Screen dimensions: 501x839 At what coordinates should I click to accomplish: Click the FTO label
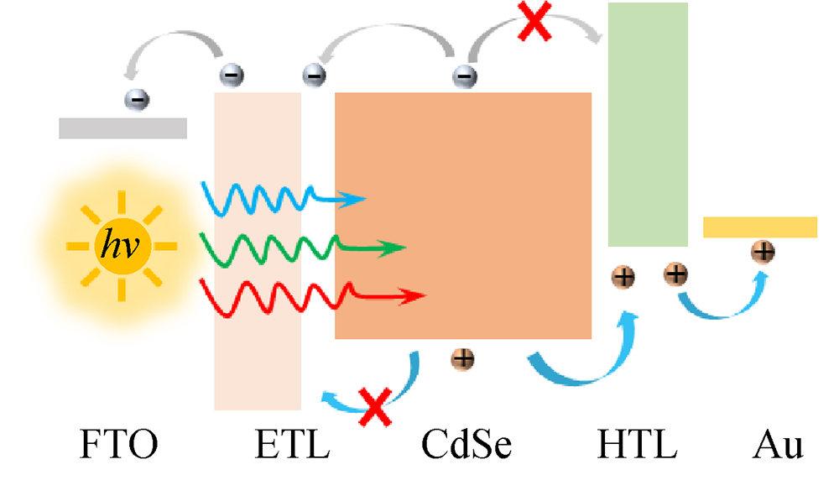coord(118,446)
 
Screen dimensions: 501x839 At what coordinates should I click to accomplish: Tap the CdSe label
coord(466,446)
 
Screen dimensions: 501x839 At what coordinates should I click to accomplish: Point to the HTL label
coord(638,446)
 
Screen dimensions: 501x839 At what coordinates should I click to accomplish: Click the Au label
coord(778,446)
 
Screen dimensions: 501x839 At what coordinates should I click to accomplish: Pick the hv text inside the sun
coord(122,245)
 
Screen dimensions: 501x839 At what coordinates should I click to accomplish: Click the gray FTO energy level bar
coord(122,128)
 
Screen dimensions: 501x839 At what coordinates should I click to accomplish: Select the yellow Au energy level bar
coord(759,227)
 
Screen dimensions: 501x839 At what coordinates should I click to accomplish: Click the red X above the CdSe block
coord(534,22)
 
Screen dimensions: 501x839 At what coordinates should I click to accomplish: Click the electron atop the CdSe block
coord(463,76)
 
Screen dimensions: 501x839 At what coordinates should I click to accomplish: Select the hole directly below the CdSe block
coord(462,360)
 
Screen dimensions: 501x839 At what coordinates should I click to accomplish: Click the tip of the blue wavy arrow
coord(364,200)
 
